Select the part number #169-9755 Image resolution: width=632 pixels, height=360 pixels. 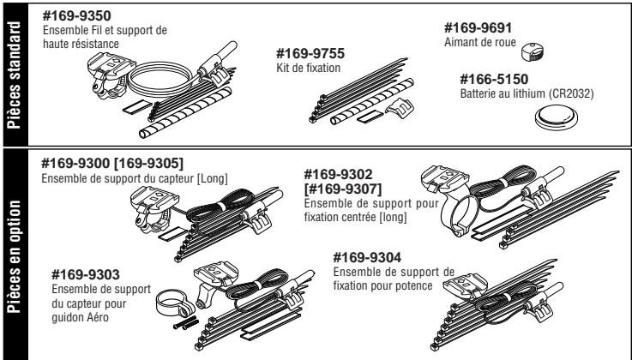(x=298, y=51)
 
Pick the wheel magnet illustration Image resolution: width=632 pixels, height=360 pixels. (x=533, y=51)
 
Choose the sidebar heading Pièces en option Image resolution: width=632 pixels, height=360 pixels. (x=14, y=253)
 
